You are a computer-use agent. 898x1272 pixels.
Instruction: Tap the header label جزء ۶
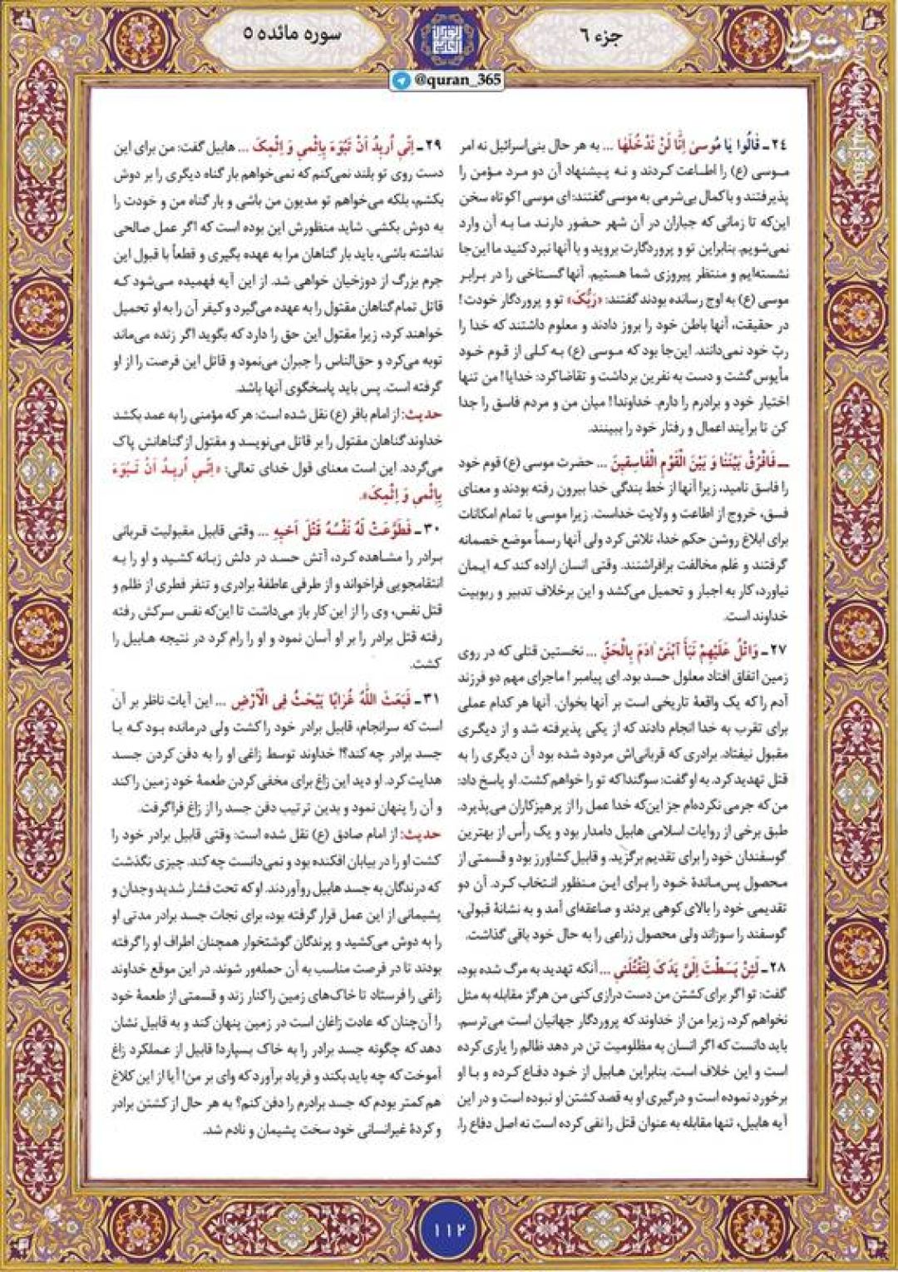click(610, 35)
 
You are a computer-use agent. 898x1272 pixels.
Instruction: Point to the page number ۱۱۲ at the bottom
click(449, 1227)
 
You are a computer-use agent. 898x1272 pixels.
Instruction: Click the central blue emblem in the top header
click(449, 37)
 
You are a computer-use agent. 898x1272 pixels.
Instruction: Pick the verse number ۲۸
click(777, 968)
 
